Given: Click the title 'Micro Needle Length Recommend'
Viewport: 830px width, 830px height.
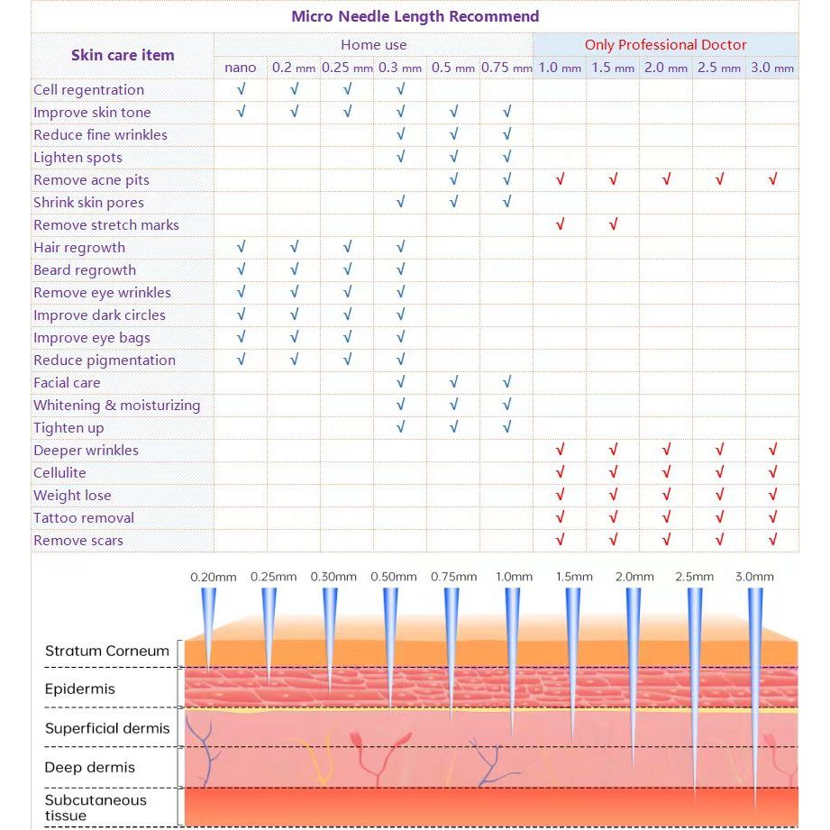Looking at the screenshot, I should pos(415,16).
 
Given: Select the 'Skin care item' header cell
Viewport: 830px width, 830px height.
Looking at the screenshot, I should pos(123,55).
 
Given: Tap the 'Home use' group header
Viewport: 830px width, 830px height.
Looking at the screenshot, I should pos(373,44).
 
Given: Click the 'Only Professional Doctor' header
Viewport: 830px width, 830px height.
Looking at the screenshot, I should pos(665,44).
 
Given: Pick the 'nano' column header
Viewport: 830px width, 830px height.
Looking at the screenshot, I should pos(241,68).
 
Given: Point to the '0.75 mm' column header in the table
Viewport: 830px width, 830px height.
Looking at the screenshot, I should pos(506,68).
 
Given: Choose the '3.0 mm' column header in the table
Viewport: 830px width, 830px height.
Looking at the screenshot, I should pos(772,68).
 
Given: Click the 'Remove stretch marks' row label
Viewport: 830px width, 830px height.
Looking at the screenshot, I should pos(106,225).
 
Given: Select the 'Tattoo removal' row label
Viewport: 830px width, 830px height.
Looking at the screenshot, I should pos(84,518).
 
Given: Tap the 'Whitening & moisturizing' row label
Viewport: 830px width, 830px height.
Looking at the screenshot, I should pos(117,406).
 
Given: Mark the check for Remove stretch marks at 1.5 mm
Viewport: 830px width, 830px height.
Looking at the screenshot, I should pos(613,225).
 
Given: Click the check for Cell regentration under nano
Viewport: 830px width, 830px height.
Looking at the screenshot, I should pos(241,90).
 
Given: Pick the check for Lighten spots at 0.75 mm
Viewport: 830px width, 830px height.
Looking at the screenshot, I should pos(507,158).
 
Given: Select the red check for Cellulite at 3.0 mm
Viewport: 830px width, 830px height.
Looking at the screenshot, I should pos(772,473).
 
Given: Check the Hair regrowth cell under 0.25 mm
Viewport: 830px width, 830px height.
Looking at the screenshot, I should pos(347,248).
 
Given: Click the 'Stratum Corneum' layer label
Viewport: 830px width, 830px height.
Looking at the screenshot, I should pos(107,651).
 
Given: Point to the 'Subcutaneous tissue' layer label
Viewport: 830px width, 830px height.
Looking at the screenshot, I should pos(96,807).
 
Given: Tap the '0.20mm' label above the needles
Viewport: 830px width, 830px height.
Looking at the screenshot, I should pos(213,577).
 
